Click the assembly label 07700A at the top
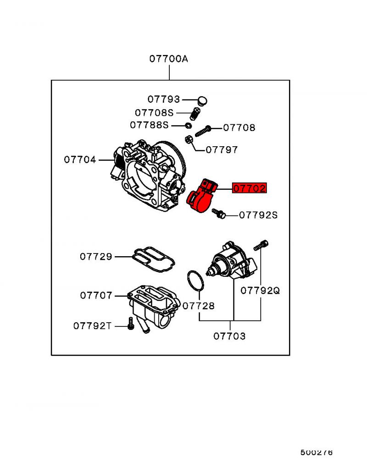168,59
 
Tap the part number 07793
164,99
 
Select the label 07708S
154,113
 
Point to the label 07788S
150,125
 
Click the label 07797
222,149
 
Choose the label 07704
80,159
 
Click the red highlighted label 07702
250,188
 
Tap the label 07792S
258,214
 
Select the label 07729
96,257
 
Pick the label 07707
96,296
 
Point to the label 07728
199,306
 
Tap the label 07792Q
260,290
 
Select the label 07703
229,336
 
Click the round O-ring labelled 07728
195,280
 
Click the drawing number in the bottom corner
317,452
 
